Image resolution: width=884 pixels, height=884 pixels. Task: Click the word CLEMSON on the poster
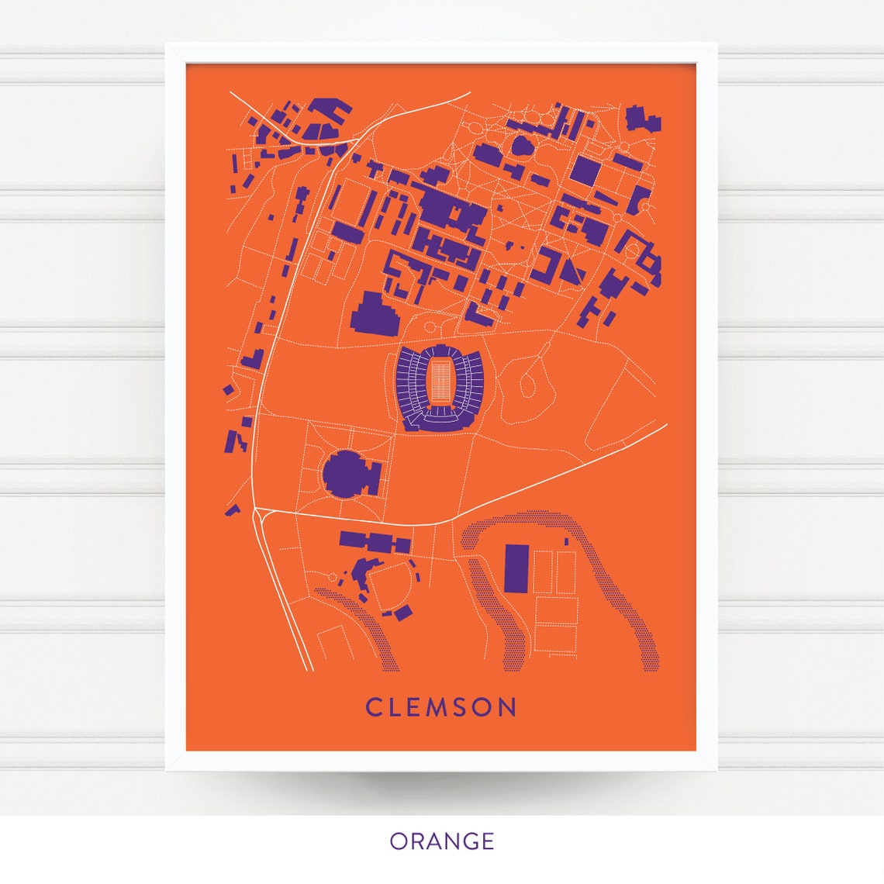(441, 707)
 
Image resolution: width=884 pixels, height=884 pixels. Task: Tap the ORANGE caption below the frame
(441, 841)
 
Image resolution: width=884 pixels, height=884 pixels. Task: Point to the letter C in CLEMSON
(373, 707)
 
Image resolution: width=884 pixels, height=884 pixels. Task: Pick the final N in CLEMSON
(507, 707)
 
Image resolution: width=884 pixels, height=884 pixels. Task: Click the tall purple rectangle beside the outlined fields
(516, 568)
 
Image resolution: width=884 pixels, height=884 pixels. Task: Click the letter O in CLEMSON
(484, 707)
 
